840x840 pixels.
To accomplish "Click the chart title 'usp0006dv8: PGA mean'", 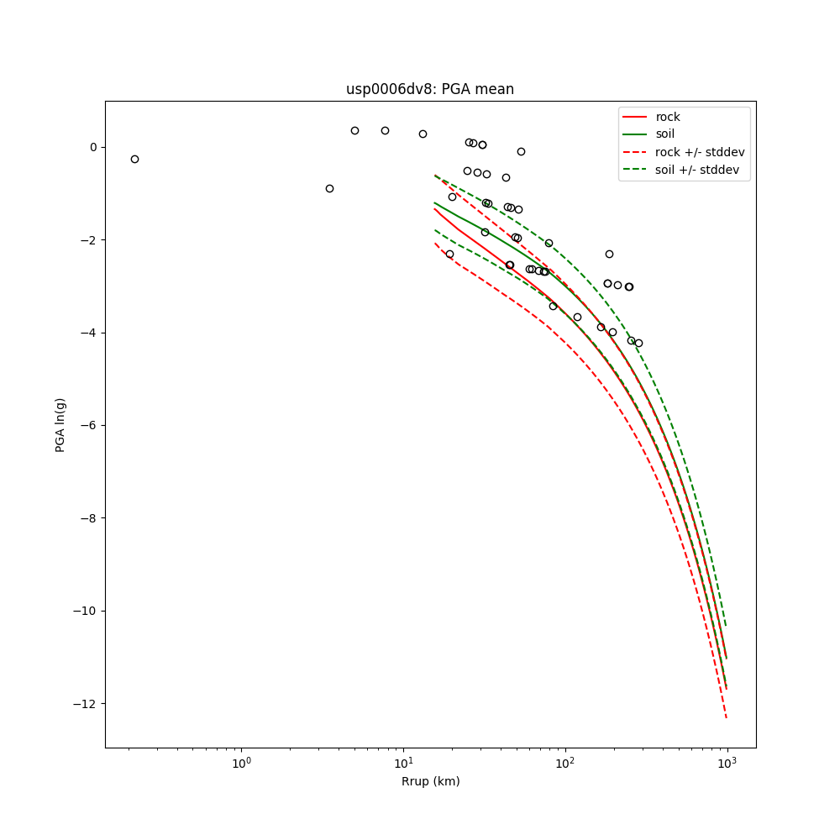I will point(430,89).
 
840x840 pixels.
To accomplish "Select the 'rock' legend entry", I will point(668,117).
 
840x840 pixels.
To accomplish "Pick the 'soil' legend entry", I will point(665,134).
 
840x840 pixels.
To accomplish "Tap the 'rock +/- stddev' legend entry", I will point(700,152).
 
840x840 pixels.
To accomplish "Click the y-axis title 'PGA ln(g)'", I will point(60,424).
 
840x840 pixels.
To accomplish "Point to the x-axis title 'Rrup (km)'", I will point(430,781).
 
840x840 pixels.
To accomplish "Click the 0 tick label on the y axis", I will point(93,147).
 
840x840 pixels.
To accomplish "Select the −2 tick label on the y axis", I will point(89,240).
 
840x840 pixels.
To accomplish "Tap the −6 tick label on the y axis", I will point(89,425).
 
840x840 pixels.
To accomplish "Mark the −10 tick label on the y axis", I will point(86,611).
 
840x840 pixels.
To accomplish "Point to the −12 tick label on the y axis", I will point(86,703).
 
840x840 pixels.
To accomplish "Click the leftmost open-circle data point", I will point(134,159).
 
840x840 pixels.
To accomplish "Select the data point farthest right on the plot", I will point(638,343).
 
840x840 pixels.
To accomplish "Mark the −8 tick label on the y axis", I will point(89,518).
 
